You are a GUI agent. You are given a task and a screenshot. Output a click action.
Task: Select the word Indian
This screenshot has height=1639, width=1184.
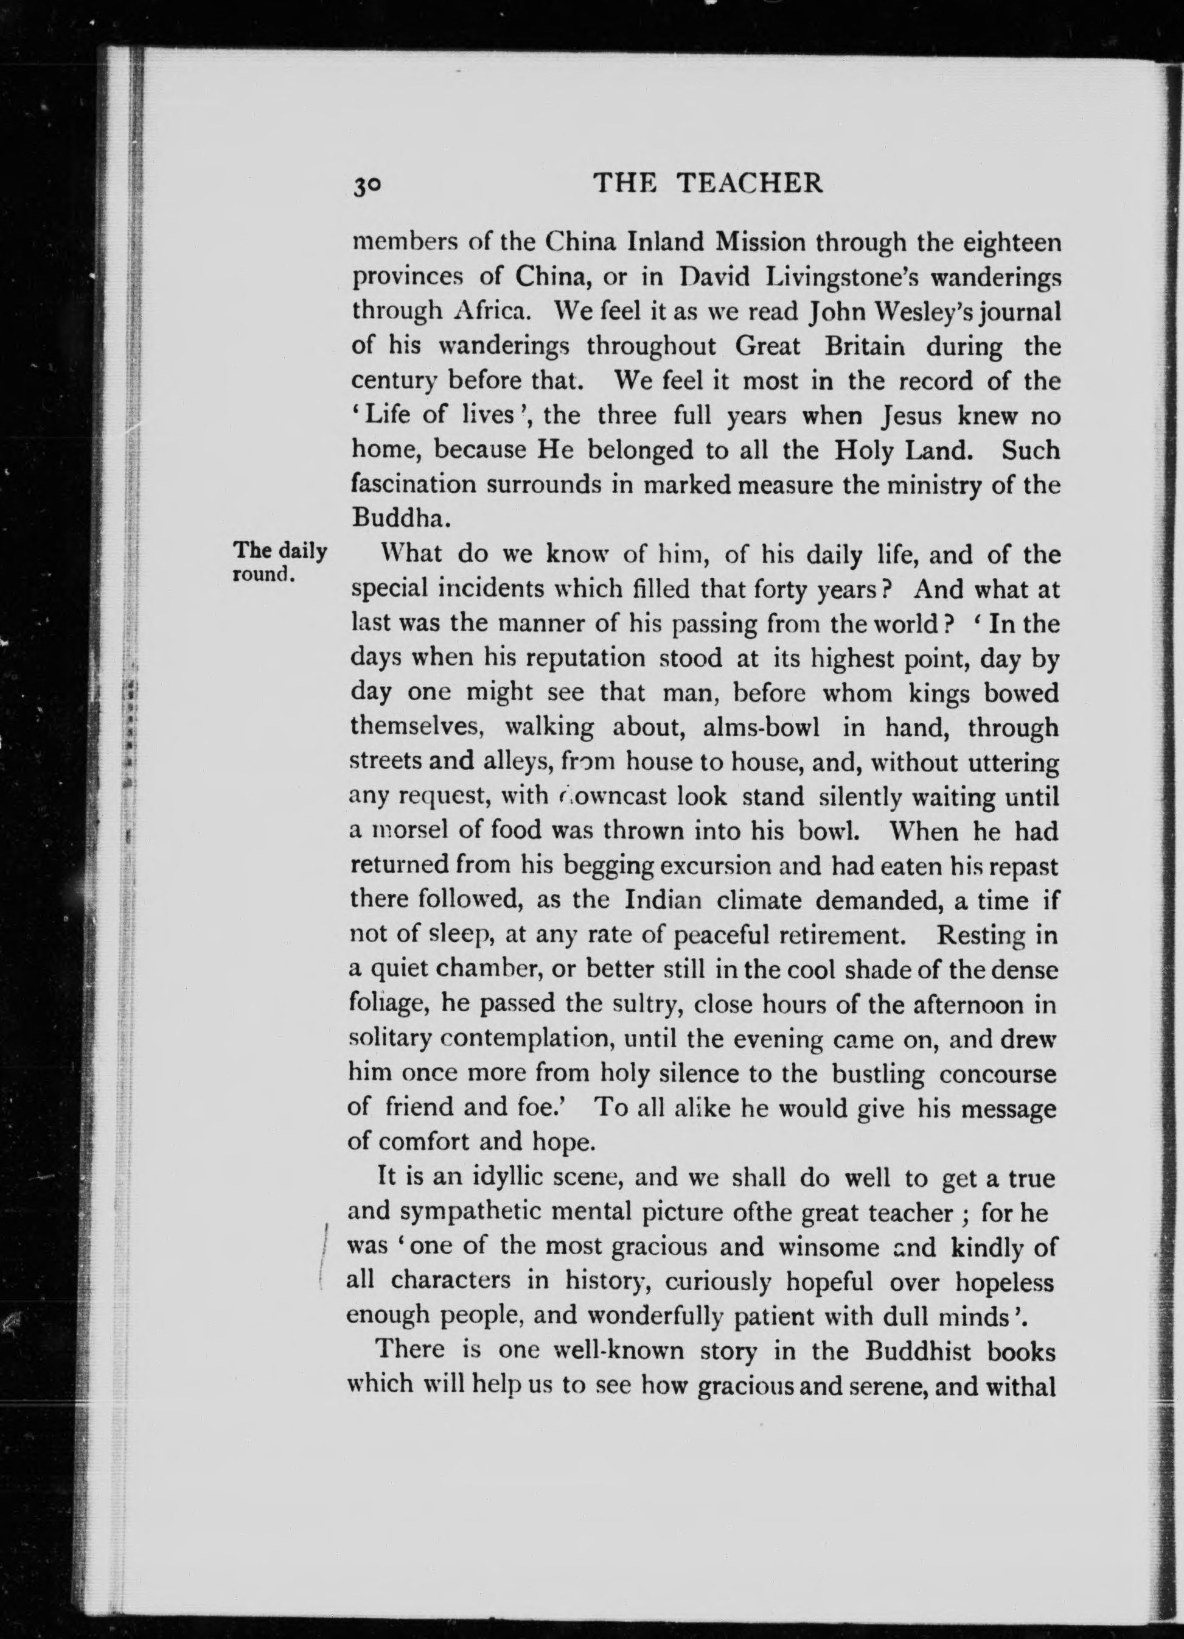(664, 901)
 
